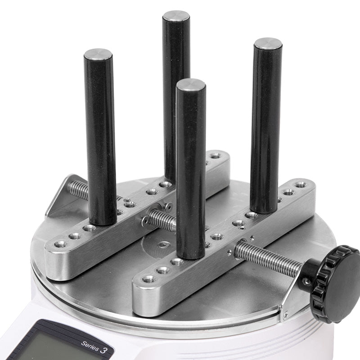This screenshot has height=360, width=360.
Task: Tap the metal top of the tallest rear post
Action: (x=176, y=16)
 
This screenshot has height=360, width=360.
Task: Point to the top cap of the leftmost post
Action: (x=98, y=54)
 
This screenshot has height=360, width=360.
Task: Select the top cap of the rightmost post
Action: (x=268, y=44)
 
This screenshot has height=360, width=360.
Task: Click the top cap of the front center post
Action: (x=191, y=85)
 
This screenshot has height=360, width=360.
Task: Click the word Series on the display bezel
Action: (x=90, y=346)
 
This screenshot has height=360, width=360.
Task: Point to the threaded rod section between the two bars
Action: (x=162, y=220)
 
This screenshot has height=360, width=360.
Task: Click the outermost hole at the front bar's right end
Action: (x=300, y=184)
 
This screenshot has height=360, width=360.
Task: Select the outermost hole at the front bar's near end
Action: (x=148, y=279)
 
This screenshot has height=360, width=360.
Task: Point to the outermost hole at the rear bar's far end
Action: (x=216, y=156)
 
